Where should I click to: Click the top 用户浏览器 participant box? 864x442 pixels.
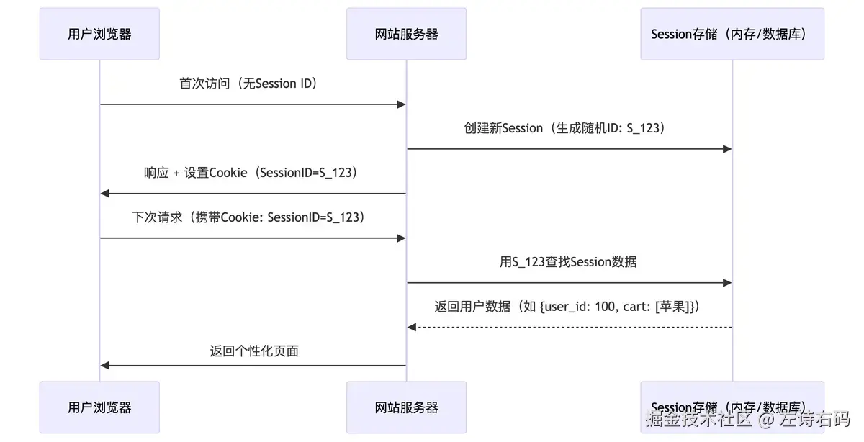point(99,34)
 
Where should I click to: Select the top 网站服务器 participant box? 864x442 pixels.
point(406,34)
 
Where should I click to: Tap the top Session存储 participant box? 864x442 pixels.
point(732,34)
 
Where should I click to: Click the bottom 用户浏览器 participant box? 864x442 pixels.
point(99,407)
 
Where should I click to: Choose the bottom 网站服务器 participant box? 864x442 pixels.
point(406,407)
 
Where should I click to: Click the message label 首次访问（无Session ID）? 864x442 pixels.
point(248,84)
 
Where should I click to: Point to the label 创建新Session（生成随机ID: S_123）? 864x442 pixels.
point(568,128)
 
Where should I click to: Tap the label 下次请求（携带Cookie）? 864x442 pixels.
point(248,217)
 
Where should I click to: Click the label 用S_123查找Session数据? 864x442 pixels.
point(568,262)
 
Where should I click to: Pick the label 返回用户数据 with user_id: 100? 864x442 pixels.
point(568,307)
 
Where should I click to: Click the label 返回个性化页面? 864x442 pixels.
point(254,351)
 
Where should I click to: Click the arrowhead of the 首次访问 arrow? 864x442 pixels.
point(402,104)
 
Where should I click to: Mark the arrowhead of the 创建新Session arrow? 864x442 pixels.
point(728,149)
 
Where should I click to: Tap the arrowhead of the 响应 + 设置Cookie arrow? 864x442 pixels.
point(104,194)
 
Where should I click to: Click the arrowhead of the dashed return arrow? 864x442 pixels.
point(411,328)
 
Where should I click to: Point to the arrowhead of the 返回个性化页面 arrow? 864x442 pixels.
point(104,366)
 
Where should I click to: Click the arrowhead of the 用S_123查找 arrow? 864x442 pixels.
point(728,283)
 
